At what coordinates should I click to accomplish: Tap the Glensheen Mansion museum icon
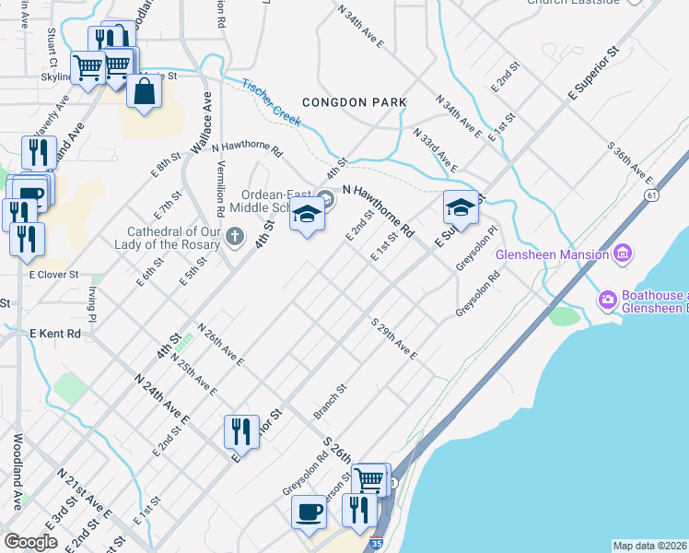(x=623, y=253)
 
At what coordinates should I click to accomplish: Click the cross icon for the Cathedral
(x=235, y=239)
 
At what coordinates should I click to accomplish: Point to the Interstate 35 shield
(x=376, y=544)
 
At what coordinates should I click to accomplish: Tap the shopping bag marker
(x=145, y=92)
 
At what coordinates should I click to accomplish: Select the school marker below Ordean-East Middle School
(x=308, y=216)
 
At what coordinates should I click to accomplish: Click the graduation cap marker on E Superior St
(x=461, y=208)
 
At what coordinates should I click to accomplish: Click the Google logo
(x=30, y=542)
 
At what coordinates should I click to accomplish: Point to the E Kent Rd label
(x=55, y=333)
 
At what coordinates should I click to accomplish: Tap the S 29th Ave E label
(x=394, y=339)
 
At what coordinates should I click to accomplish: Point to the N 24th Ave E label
(x=161, y=397)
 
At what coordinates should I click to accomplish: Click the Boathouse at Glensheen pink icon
(x=607, y=299)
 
